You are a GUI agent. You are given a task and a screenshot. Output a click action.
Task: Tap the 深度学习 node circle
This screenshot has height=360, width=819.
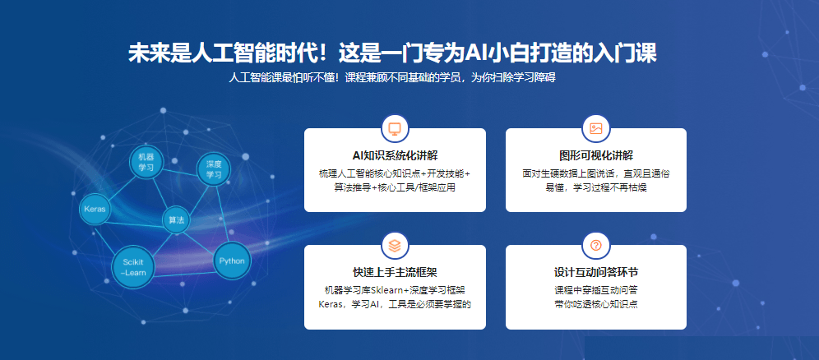[214, 169]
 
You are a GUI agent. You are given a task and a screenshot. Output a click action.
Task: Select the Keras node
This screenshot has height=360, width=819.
[95, 210]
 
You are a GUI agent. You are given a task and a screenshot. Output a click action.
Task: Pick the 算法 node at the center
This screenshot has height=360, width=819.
[176, 220]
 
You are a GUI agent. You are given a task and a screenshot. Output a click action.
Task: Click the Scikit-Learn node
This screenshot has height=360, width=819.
[133, 266]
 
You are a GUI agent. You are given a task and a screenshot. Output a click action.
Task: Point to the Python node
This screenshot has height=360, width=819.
[232, 261]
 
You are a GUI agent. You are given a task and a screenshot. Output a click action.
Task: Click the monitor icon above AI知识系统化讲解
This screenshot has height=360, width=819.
[395, 128]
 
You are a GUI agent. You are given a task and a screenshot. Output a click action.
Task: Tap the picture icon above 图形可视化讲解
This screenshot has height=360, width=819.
[596, 128]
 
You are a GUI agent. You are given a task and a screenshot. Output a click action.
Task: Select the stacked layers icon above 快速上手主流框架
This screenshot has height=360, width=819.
[395, 245]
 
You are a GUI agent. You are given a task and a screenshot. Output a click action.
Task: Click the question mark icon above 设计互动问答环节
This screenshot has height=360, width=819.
[596, 245]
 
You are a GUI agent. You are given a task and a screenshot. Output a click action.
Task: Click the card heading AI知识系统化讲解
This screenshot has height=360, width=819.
[395, 155]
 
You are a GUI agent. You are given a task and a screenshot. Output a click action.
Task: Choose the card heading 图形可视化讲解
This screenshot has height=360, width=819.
[596, 155]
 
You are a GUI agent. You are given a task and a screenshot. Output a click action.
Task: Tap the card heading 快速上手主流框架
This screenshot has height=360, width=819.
[395, 272]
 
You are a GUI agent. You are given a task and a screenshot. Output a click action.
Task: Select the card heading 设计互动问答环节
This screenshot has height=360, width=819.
[596, 272]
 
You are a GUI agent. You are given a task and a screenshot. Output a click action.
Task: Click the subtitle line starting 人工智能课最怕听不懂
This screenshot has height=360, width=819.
[391, 78]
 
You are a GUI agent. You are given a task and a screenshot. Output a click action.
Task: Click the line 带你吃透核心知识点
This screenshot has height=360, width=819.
[596, 303]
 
